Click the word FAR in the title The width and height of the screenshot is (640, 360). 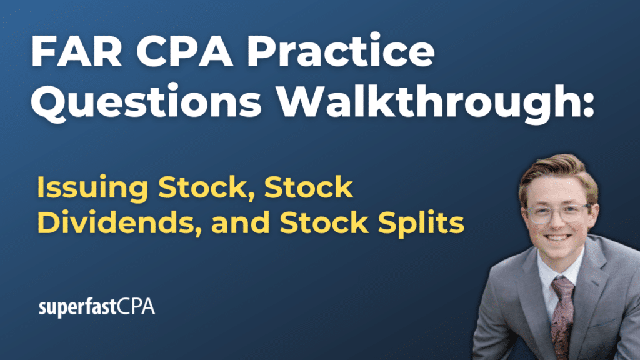[x=76, y=51]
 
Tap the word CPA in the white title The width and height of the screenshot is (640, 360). [x=184, y=51]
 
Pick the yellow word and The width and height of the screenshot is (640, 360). [x=239, y=222]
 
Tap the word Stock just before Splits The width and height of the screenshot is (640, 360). [x=324, y=222]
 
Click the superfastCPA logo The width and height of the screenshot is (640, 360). [x=97, y=307]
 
